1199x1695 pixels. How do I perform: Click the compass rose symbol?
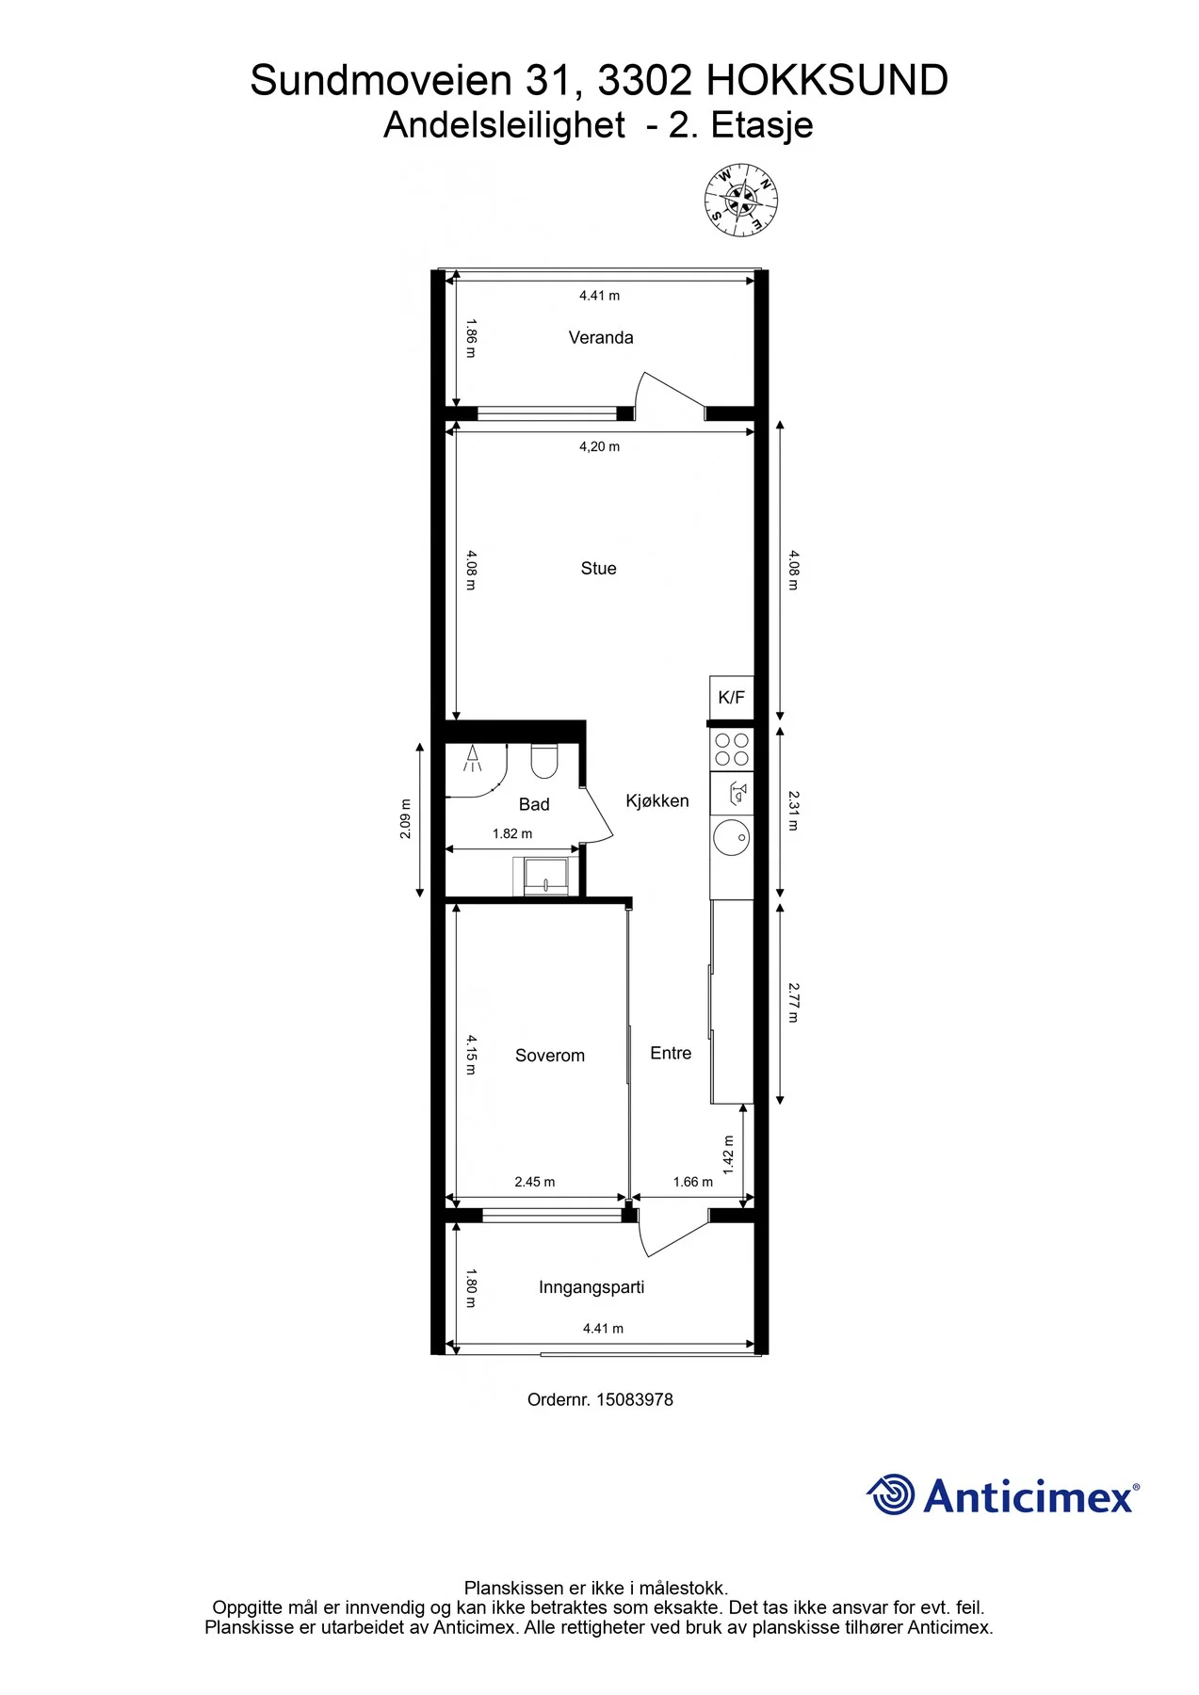coord(741,200)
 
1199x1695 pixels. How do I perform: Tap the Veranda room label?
coord(601,337)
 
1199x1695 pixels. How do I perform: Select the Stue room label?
coord(599,568)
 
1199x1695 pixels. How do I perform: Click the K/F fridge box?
coord(732,698)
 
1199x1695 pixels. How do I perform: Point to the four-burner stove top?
coord(732,750)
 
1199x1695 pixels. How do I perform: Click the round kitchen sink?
coord(732,836)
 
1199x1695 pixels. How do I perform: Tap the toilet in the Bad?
coord(544,761)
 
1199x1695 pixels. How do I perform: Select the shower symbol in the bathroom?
coord(473,758)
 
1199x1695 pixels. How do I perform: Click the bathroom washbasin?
coord(546,876)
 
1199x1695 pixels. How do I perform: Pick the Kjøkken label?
coord(657,800)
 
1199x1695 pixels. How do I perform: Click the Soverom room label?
coord(550,1056)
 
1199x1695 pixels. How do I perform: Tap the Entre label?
coord(671,1053)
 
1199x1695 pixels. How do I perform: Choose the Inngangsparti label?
coord(591,1287)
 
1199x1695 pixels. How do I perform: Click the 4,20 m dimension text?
coord(600,446)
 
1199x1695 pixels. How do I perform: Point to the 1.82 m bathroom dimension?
coord(512,833)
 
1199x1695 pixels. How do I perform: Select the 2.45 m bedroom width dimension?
coord(535,1182)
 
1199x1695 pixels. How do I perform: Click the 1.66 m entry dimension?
coord(693,1182)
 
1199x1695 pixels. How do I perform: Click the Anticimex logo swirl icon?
coord(891,1494)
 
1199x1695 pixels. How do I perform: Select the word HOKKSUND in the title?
coord(827,81)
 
